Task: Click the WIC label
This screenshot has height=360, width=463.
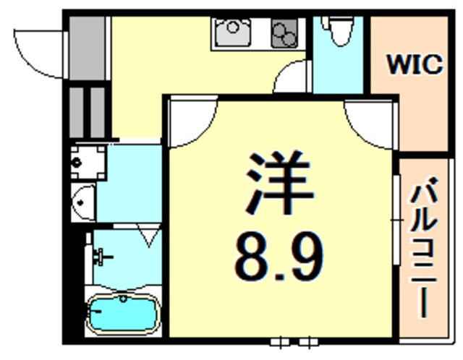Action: [x=415, y=64]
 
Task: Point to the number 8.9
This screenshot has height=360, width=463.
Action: [x=279, y=256]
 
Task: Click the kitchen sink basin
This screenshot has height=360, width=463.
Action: [x=233, y=32]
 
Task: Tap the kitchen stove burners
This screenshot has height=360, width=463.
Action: [x=284, y=33]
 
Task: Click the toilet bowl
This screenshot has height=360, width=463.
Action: [x=341, y=31]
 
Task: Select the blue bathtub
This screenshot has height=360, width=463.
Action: [x=123, y=314]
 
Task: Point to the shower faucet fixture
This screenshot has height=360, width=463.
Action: [x=101, y=257]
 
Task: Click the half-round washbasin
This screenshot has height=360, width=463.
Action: [x=84, y=202]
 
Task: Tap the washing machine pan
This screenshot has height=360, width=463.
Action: [x=88, y=163]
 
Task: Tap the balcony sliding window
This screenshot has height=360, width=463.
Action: [x=396, y=220]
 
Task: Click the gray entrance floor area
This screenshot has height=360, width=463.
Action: [x=87, y=48]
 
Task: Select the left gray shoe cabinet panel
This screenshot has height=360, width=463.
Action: [x=76, y=113]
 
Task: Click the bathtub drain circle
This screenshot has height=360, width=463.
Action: [x=123, y=299]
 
